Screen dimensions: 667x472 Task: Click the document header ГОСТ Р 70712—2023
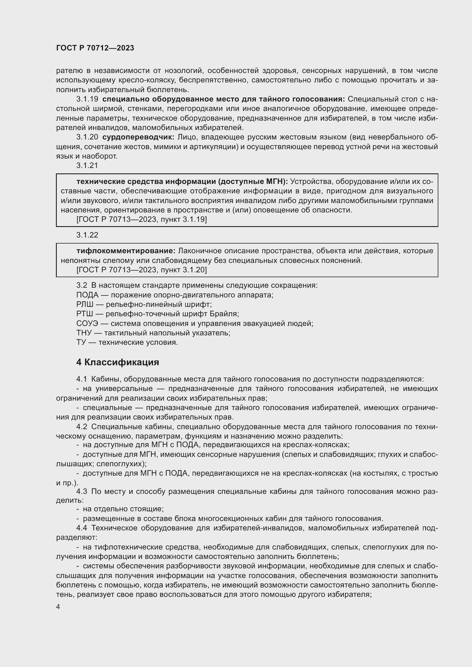(95, 48)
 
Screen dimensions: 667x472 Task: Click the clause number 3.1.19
(87, 99)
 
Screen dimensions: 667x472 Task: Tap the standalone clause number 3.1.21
(87, 165)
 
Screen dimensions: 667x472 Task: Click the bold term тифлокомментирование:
(126, 251)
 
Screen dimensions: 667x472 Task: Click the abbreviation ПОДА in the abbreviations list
(87, 295)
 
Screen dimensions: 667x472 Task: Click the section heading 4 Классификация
(117, 362)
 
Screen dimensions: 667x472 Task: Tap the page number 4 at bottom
(58, 607)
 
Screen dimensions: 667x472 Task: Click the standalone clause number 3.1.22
(87, 235)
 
